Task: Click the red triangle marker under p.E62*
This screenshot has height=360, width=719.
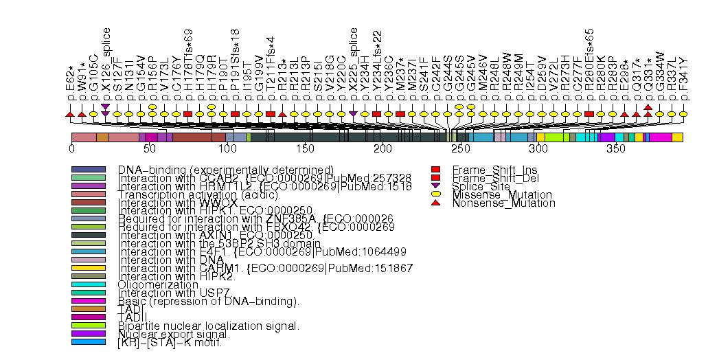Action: coord(69,113)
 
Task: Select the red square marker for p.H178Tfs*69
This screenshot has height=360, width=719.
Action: coord(187,113)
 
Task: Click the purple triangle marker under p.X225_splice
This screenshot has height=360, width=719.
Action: coord(353,113)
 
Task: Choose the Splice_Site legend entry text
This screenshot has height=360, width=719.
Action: coord(480,186)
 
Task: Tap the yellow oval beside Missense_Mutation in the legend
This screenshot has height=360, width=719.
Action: coord(435,195)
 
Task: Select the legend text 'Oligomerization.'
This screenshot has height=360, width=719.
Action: coord(159,284)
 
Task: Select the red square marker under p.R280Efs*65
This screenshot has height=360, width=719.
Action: coord(589,113)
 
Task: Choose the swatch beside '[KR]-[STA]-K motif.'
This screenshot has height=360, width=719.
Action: coord(88,342)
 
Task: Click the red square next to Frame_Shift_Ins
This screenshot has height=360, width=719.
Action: coord(435,170)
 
